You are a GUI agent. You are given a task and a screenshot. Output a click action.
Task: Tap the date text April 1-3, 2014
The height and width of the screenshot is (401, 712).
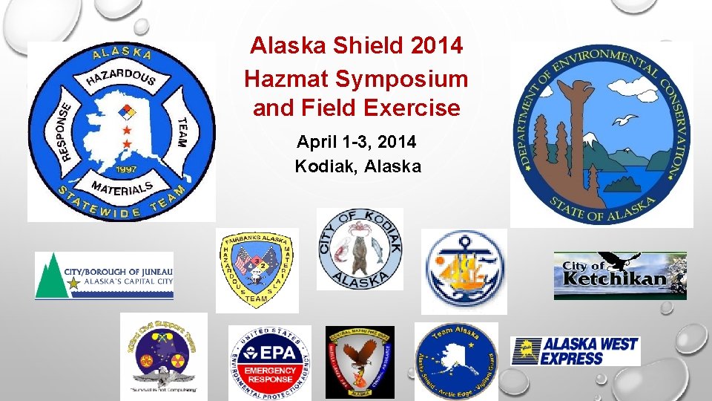pyautogui.click(x=356, y=141)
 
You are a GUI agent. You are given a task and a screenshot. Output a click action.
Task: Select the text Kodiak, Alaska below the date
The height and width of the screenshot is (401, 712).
pyautogui.click(x=357, y=166)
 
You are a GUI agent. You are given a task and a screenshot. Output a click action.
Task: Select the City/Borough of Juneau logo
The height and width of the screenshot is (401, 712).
pyautogui.click(x=104, y=276)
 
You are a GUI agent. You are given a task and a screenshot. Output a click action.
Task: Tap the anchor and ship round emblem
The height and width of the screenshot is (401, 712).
pyautogui.click(x=463, y=269)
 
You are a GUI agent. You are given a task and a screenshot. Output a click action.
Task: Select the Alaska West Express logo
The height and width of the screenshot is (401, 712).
pyautogui.click(x=576, y=351)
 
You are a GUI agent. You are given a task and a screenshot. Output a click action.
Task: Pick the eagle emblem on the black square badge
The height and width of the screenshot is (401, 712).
pyautogui.click(x=360, y=362)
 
